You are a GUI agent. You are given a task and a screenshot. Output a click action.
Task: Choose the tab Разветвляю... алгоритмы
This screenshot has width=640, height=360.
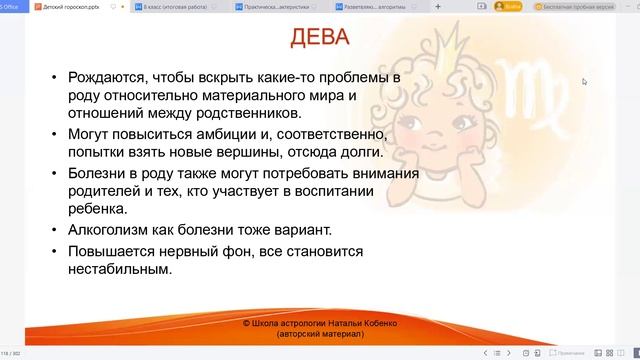tap(381, 6)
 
